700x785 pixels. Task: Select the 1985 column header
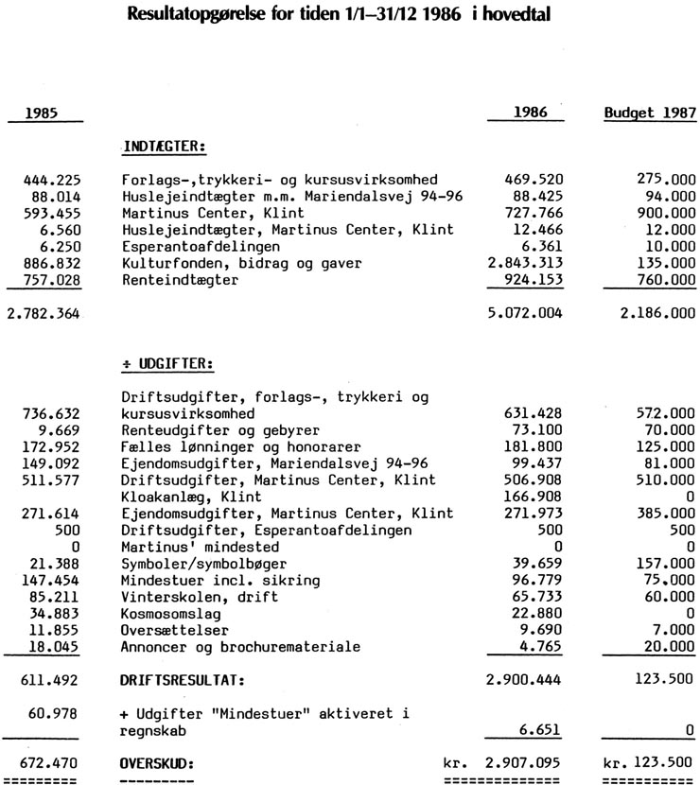click(x=41, y=113)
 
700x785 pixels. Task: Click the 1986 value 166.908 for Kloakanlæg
click(x=542, y=497)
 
